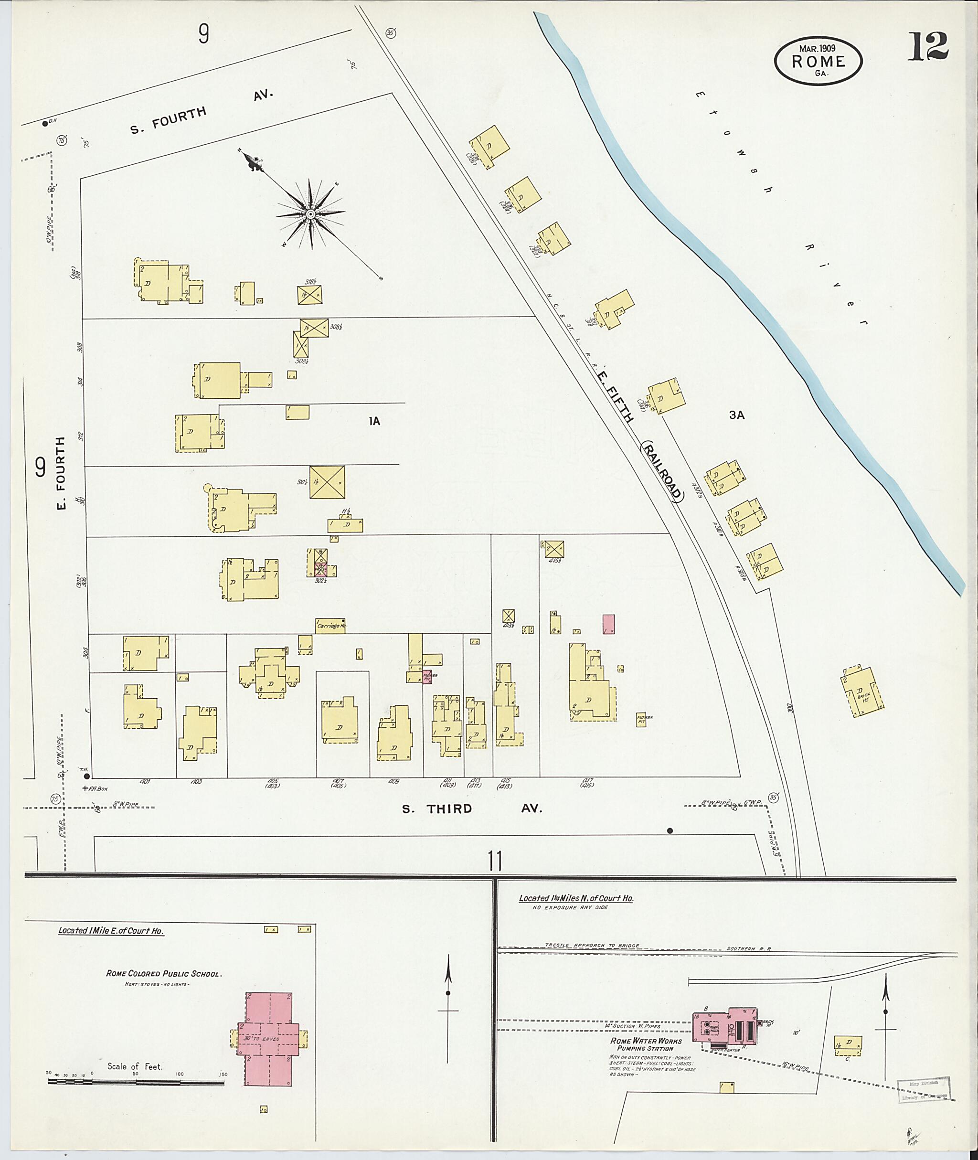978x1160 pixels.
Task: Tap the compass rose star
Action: pyautogui.click(x=311, y=214)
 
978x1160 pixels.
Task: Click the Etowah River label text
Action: pyautogui.click(x=776, y=205)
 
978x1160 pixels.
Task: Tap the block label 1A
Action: pyautogui.click(x=375, y=421)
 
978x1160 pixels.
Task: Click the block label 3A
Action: pyautogui.click(x=736, y=415)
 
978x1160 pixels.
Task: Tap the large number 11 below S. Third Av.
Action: pyautogui.click(x=495, y=862)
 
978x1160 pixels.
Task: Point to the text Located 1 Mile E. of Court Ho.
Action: pyautogui.click(x=111, y=930)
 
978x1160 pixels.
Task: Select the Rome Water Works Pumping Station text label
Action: pyautogui.click(x=641, y=1044)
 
